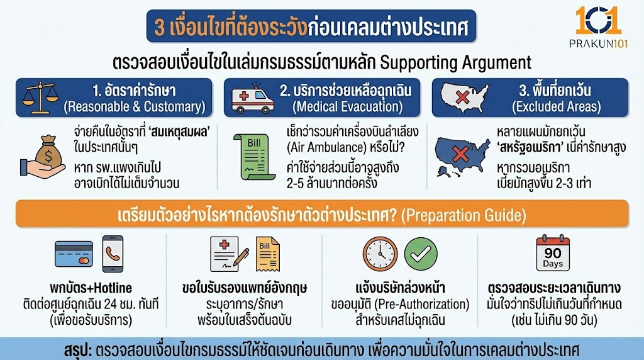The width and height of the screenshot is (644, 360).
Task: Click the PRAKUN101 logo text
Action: (599, 43)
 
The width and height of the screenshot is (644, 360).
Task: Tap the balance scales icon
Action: (37, 98)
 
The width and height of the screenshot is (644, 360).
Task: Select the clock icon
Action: (380, 254)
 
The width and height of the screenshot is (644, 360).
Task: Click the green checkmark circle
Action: (421, 254)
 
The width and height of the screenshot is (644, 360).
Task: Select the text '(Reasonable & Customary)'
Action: (135, 106)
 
